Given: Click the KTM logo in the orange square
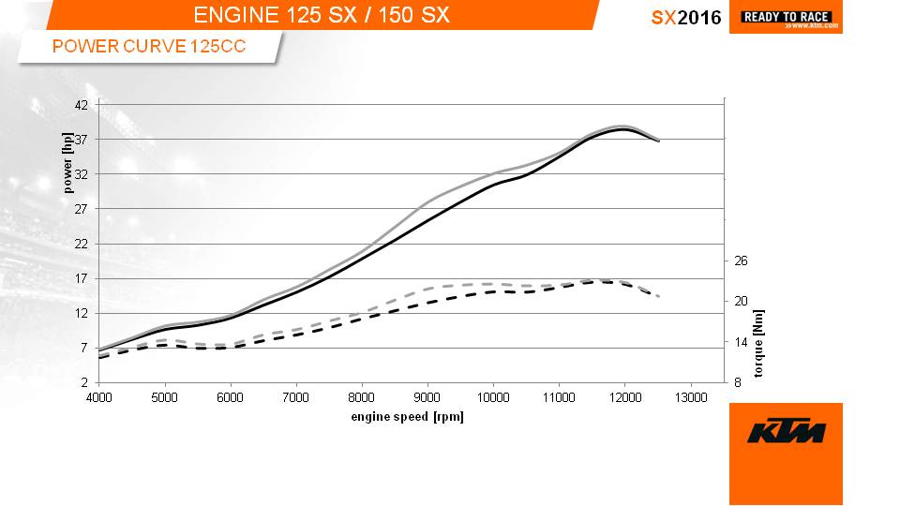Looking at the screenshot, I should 786,432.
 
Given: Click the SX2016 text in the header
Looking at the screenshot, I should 686,17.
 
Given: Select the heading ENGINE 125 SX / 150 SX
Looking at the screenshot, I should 322,15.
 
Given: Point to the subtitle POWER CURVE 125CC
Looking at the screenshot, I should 149,46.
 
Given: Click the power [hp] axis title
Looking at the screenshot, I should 67,162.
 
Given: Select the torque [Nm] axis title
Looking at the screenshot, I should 758,343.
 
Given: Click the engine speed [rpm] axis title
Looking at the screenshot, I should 407,416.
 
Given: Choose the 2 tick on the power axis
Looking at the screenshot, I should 84,382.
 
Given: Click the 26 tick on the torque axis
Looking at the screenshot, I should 741,260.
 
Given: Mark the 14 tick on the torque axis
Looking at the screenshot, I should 741,342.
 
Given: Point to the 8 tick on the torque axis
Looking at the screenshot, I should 738,382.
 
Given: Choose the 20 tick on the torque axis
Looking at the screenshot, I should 741,301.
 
